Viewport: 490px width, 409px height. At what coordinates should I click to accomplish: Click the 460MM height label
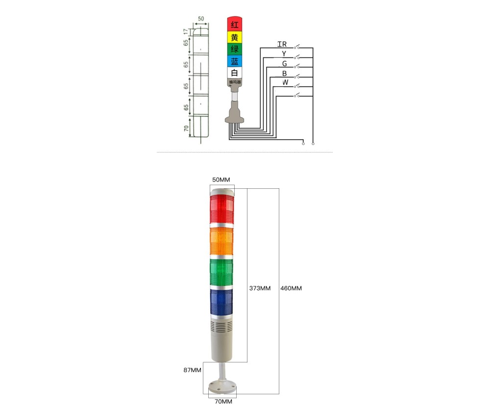(291, 288)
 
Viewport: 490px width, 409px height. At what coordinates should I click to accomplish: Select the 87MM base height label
(193, 370)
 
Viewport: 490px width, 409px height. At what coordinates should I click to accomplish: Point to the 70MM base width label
(223, 402)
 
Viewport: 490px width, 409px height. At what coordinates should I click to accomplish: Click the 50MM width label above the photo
(221, 180)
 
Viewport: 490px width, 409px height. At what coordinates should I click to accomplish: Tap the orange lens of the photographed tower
(222, 241)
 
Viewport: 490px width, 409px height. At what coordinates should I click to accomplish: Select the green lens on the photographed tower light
(222, 272)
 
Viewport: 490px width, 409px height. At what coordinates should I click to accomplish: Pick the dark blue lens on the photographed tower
(222, 302)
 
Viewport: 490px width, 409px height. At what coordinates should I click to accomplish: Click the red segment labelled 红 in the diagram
(235, 24)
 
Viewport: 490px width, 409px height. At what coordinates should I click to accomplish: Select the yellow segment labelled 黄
(235, 37)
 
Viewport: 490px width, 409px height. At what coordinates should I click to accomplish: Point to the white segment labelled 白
(235, 73)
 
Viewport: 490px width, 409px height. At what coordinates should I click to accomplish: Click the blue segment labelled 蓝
(235, 61)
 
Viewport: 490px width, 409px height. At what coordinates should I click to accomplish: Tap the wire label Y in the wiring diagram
(284, 53)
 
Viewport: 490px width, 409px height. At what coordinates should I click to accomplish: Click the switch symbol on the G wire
(297, 66)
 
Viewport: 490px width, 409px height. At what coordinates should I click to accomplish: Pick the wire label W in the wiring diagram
(285, 82)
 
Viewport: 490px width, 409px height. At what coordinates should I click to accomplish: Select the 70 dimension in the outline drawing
(186, 129)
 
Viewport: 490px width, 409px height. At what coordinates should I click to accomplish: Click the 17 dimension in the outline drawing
(186, 31)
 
